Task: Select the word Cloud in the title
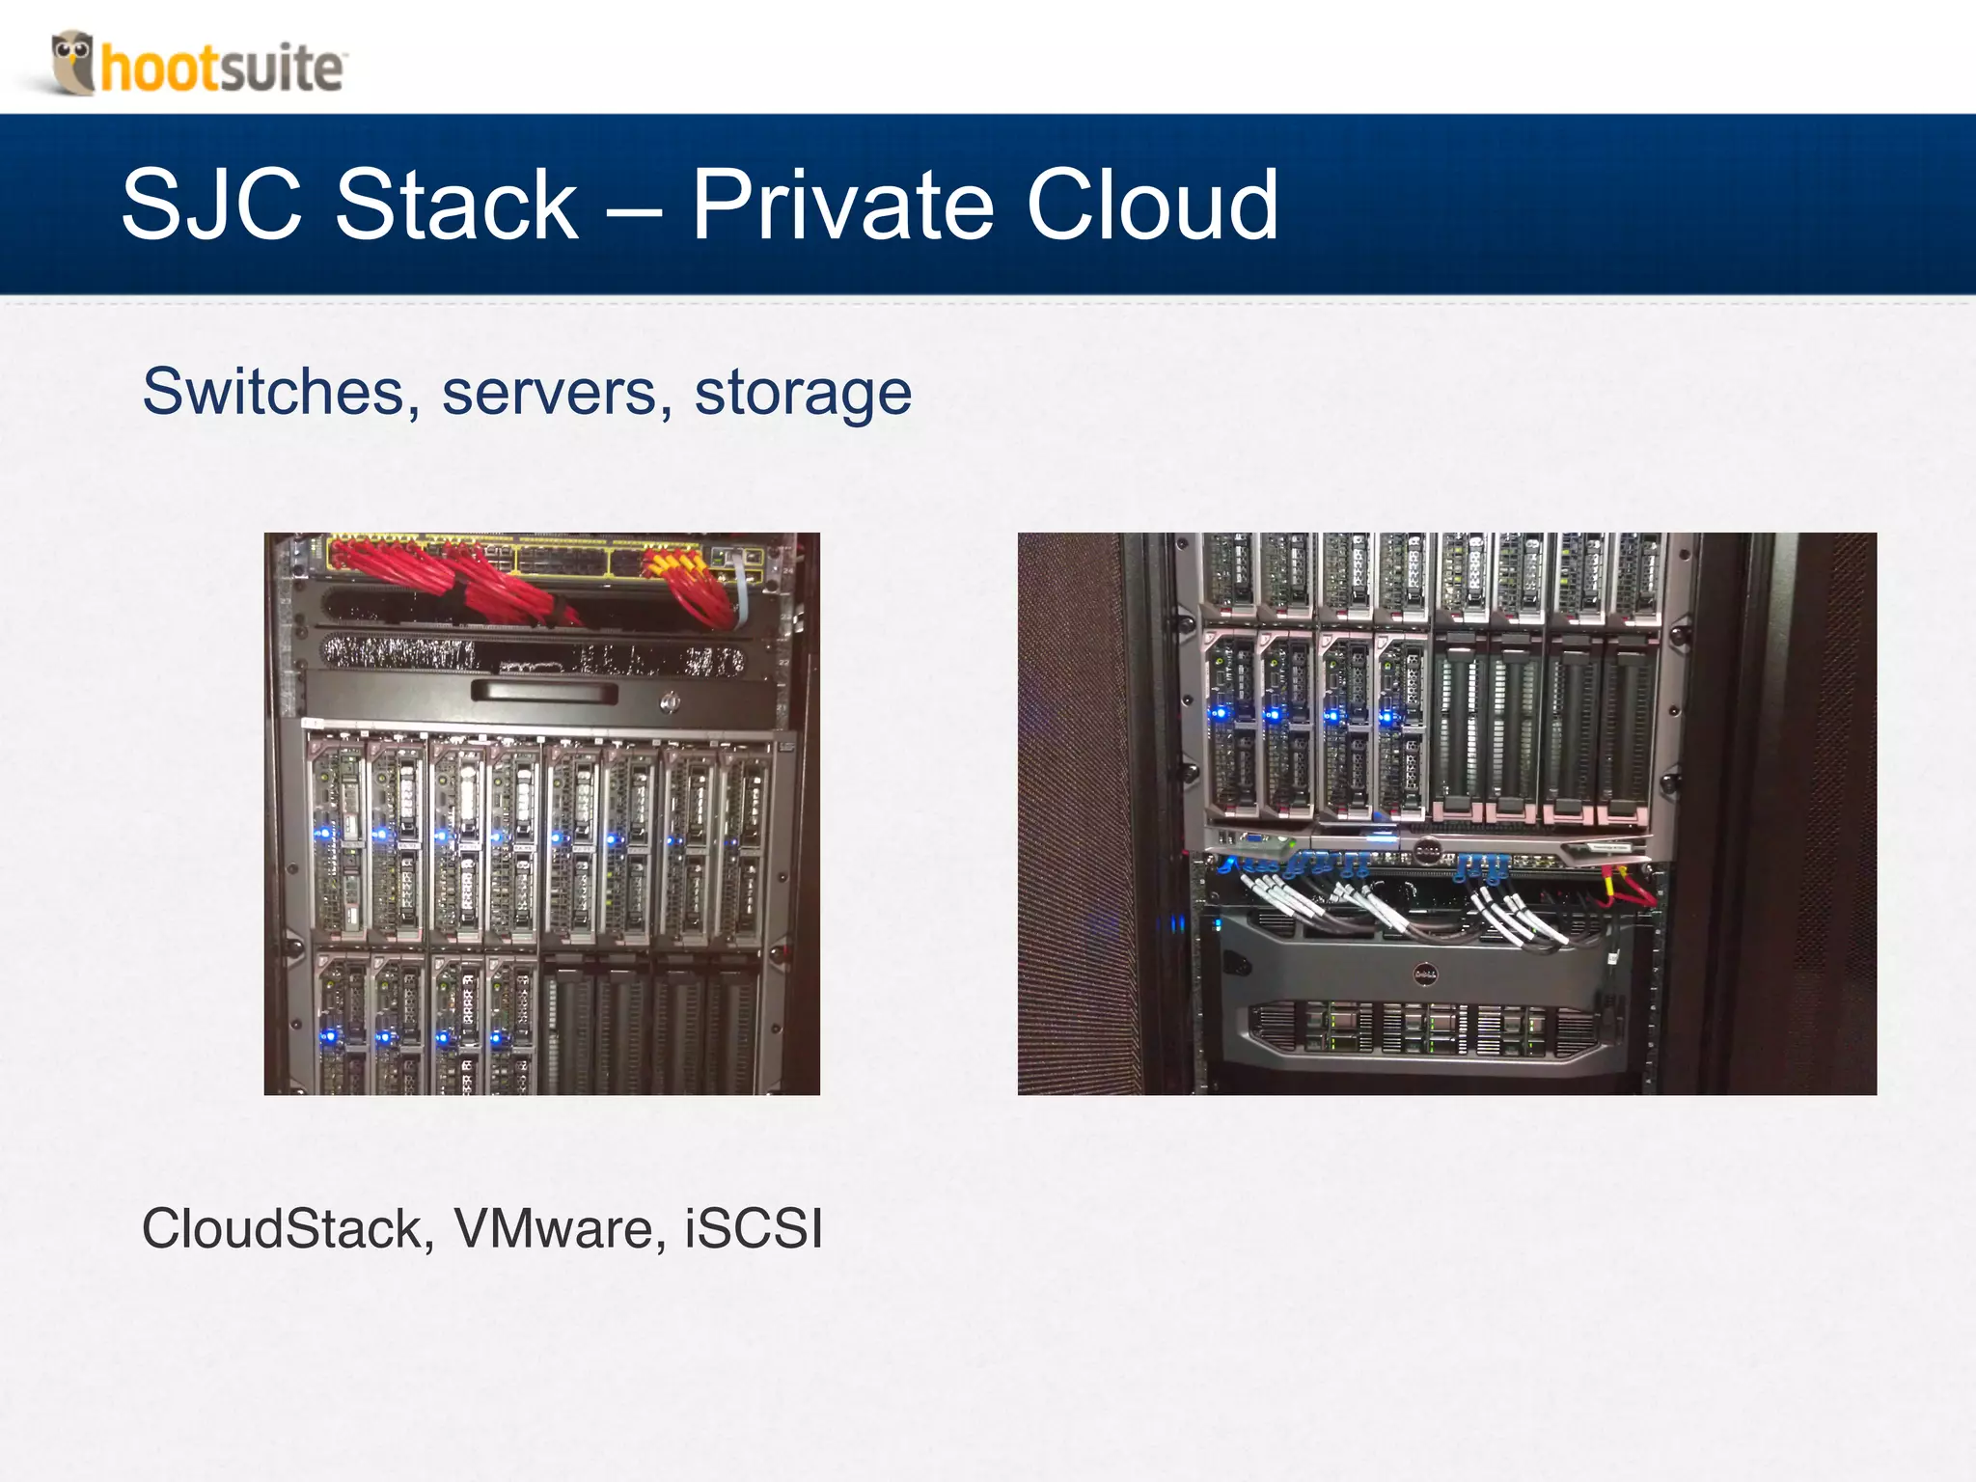[x=1152, y=205]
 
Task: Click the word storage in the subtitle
[x=803, y=393]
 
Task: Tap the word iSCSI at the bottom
[x=754, y=1229]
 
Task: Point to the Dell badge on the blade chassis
[x=1427, y=850]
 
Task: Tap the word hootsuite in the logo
[x=222, y=69]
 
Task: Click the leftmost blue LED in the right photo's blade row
[x=1219, y=714]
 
